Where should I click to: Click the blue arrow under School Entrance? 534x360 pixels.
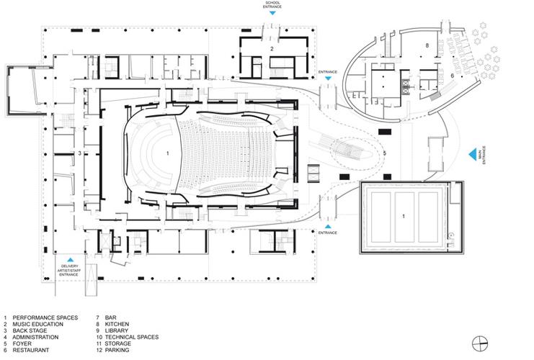pos(272,13)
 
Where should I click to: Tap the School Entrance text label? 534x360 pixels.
pos(272,5)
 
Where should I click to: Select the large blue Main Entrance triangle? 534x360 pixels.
pos(472,155)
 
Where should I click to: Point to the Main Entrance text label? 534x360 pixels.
pos(482,156)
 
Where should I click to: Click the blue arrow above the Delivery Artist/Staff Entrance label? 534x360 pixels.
pos(70,259)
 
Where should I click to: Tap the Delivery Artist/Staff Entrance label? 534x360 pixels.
pos(69,270)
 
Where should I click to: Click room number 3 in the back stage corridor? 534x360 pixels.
pos(80,153)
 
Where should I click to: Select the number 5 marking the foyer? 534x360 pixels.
pos(385,153)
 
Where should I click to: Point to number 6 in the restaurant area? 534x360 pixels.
pos(453,76)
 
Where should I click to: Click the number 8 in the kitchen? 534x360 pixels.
pos(427,45)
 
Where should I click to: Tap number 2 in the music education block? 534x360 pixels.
pos(272,49)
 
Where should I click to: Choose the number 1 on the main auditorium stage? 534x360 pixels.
pos(168,153)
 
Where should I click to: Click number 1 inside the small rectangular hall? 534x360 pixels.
pos(404,216)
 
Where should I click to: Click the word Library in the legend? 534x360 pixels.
pos(117,330)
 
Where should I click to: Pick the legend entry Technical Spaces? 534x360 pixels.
pos(132,337)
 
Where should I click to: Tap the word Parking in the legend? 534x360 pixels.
pos(117,350)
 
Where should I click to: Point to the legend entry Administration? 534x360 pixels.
pos(35,337)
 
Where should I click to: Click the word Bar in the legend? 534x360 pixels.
pos(111,318)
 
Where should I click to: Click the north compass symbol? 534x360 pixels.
pos(480,343)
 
